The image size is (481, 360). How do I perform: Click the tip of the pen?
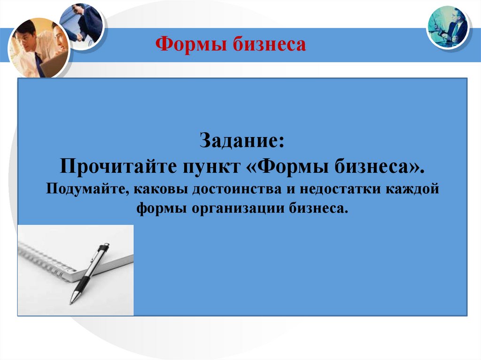(72, 301)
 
